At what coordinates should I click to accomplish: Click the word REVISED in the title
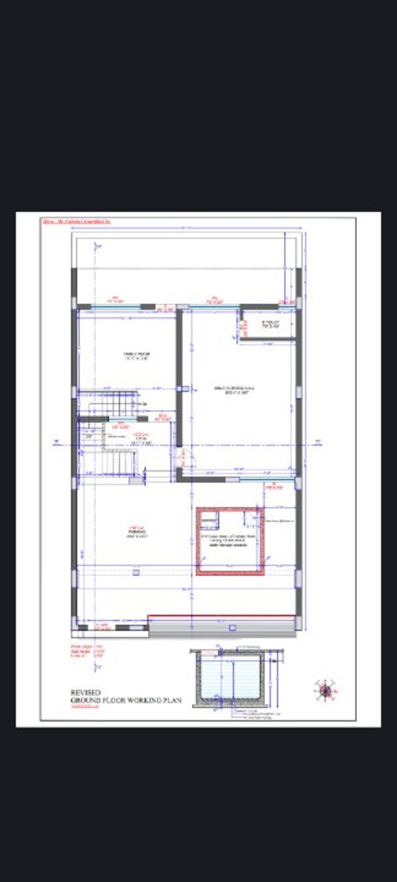coord(85,692)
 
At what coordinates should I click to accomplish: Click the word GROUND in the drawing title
coord(87,700)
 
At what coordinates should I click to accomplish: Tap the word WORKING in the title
coord(147,700)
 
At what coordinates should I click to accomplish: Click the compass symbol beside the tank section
coord(325,690)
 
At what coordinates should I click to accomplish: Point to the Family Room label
coord(136,356)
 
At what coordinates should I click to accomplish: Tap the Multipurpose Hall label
coord(237,390)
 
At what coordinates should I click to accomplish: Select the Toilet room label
coord(270,324)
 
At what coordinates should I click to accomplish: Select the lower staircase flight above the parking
coord(113,461)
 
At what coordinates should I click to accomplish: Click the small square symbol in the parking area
coord(136,573)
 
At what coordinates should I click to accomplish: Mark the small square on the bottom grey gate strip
coord(232,628)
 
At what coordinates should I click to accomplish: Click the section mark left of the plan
coord(56,442)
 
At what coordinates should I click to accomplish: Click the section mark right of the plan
coord(318,442)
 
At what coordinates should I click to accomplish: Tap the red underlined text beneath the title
coord(85,707)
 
